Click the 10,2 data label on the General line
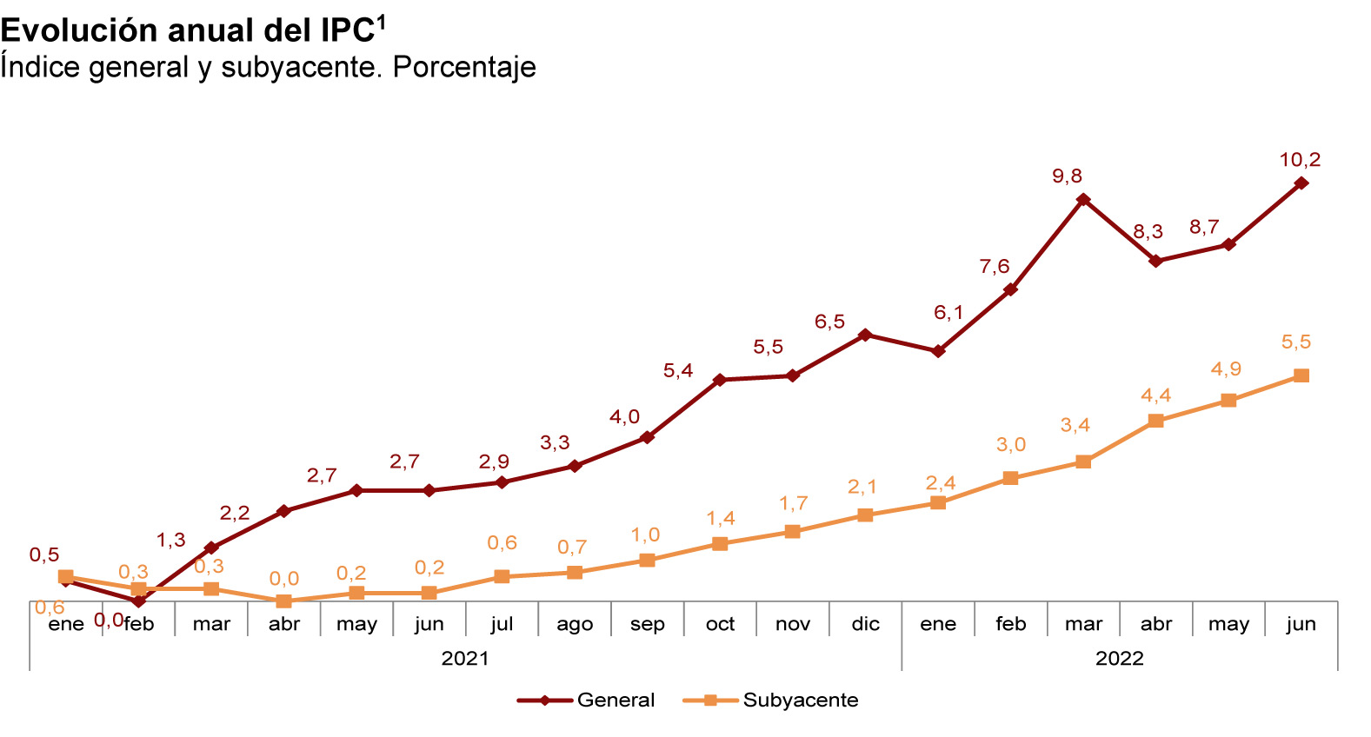click(1300, 160)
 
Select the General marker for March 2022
click(1083, 200)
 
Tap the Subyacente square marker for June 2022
click(1301, 375)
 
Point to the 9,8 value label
click(1067, 176)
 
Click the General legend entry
click(616, 700)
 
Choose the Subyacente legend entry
click(800, 700)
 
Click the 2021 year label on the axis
click(465, 658)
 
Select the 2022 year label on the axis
click(1119, 658)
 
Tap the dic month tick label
click(865, 624)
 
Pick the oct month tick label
click(720, 624)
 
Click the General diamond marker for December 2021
click(865, 335)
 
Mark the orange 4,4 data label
click(1155, 395)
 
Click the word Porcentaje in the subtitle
click(464, 67)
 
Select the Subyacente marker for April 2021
click(283, 601)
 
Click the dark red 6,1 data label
click(948, 313)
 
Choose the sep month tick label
click(647, 624)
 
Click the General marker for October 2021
click(719, 380)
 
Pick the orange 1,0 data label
click(645, 535)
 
